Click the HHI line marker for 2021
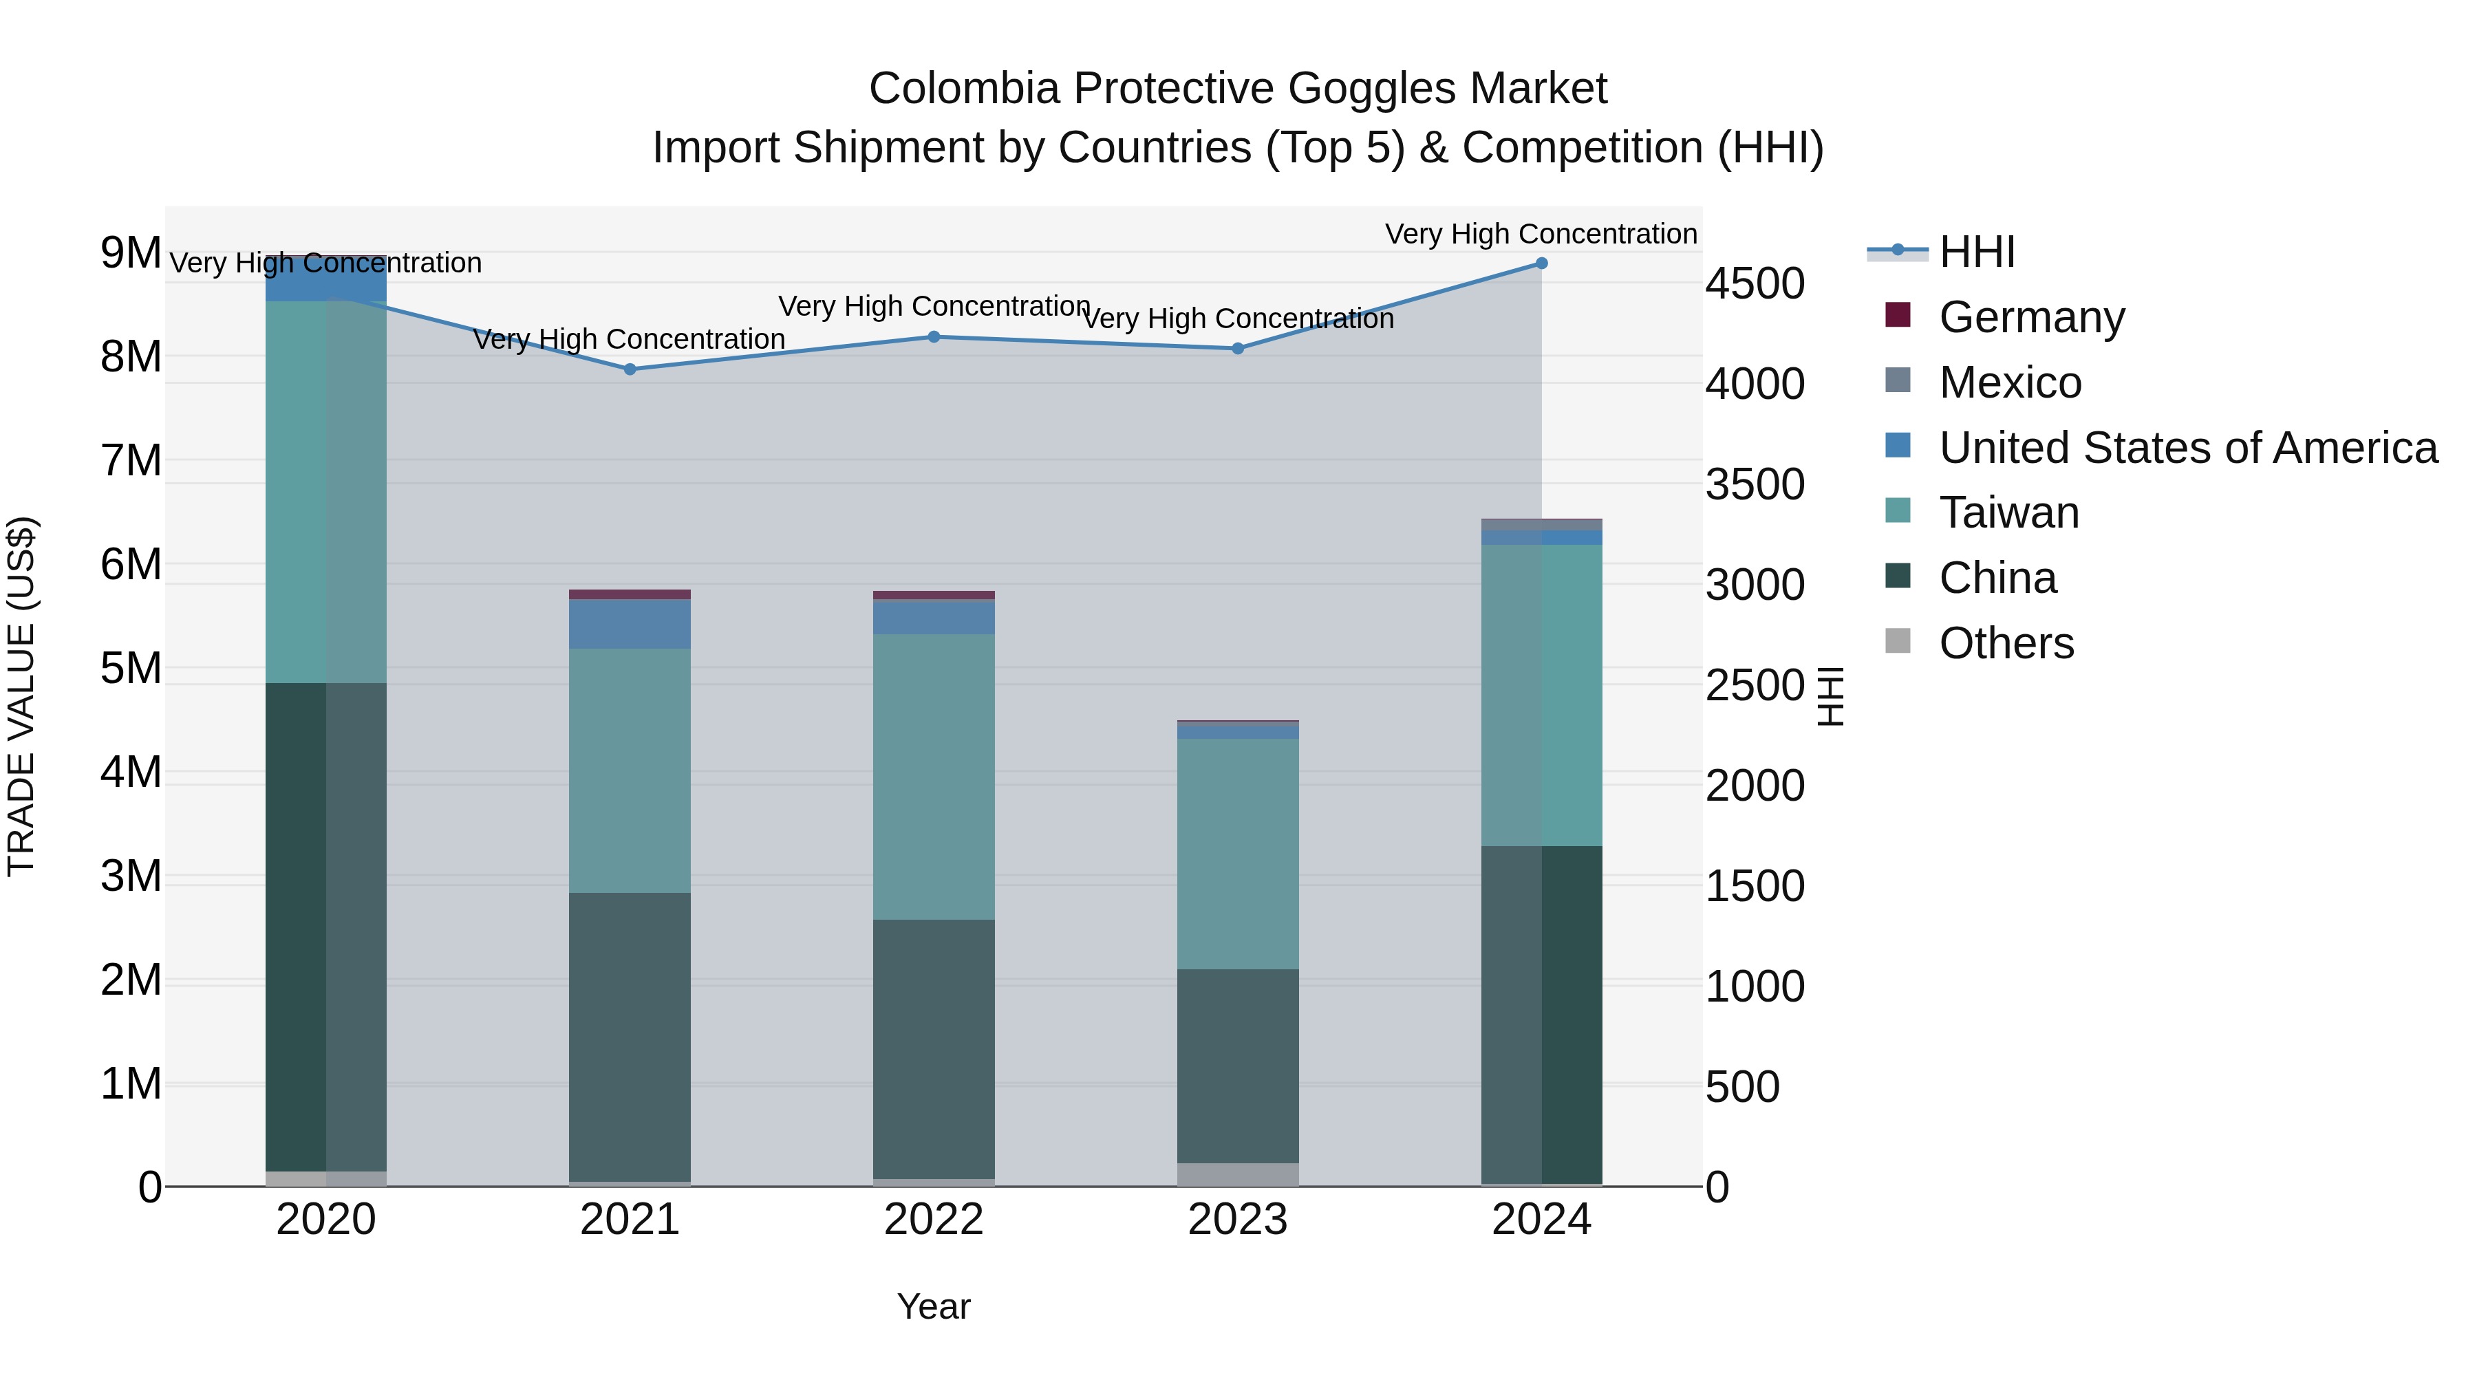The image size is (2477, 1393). (x=630, y=369)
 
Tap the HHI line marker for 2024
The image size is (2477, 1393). (x=1541, y=263)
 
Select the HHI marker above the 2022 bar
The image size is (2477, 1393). (x=934, y=336)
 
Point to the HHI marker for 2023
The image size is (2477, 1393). (x=1238, y=348)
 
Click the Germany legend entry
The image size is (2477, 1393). (x=2031, y=317)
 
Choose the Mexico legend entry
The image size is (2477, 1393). (x=2010, y=382)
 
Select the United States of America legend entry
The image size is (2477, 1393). (x=2187, y=448)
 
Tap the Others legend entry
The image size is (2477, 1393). (x=2006, y=643)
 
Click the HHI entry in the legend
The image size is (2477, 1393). (x=1976, y=252)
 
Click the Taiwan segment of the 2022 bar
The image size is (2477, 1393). (x=934, y=777)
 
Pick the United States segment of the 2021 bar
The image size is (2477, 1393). (x=630, y=624)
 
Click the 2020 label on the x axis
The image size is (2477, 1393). (x=326, y=1220)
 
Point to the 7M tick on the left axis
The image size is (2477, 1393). (x=131, y=460)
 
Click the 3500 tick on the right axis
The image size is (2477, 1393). (x=1754, y=484)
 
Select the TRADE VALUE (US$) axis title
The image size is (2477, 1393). (x=21, y=696)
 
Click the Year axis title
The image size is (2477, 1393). (x=933, y=1306)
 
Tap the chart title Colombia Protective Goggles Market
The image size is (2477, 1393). (x=1238, y=89)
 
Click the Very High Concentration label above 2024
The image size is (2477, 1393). (x=1541, y=234)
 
